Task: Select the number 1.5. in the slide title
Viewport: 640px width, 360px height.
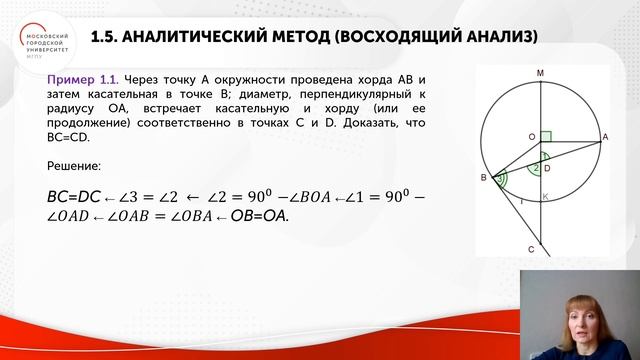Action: tap(104, 37)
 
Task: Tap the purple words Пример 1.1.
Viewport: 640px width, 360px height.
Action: tap(83, 79)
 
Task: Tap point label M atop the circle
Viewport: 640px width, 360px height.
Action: tap(540, 73)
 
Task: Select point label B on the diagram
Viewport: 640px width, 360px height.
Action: tap(483, 178)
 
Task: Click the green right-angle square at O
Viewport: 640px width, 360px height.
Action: tap(546, 135)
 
